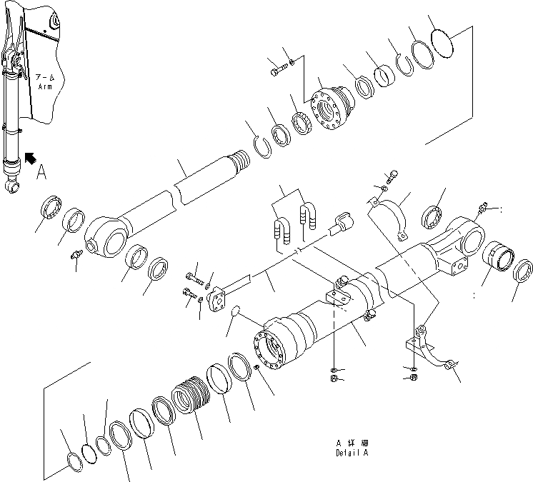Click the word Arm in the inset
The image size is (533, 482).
tap(46, 86)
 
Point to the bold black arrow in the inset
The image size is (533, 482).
tap(31, 156)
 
